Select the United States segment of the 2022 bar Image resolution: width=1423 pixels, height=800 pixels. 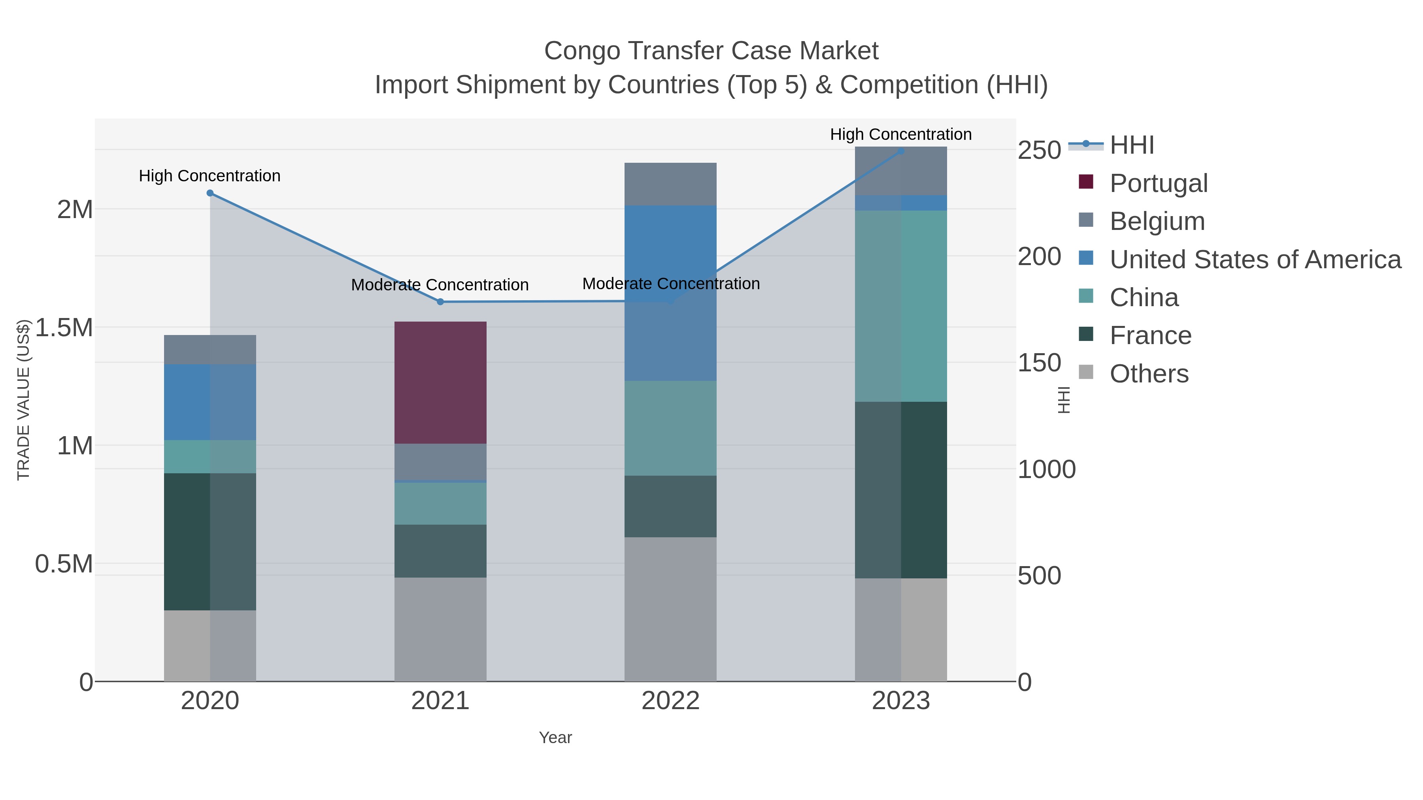click(x=670, y=293)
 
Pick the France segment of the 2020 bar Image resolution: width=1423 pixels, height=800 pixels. click(x=210, y=541)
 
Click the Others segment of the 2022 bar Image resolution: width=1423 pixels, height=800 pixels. click(x=670, y=608)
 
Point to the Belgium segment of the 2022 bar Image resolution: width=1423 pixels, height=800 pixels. click(x=670, y=184)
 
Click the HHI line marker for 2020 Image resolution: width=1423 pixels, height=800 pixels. click(x=210, y=193)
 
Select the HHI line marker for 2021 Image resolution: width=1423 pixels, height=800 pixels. click(x=440, y=302)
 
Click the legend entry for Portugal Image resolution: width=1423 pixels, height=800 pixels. click(x=1159, y=183)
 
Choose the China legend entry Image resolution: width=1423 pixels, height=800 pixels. click(x=1144, y=297)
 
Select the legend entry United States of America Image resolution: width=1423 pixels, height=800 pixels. click(x=1255, y=260)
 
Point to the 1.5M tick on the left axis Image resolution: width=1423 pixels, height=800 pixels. click(x=64, y=328)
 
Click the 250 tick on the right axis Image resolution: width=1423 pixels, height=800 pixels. click(x=1039, y=150)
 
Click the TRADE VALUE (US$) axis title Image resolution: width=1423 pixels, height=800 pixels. click(x=23, y=400)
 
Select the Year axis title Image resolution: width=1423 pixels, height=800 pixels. click(x=555, y=738)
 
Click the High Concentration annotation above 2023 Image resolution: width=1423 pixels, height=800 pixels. click(x=900, y=134)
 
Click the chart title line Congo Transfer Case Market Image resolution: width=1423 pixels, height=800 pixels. click(x=711, y=51)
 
